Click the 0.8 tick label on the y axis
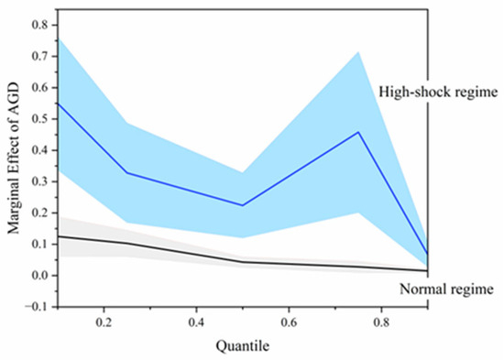(40, 25)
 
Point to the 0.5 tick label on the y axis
(40, 119)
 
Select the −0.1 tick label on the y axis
(37, 307)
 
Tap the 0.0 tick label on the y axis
(40, 276)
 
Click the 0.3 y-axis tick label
(40, 181)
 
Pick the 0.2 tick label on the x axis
(104, 322)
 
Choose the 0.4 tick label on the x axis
(196, 322)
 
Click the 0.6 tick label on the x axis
(289, 322)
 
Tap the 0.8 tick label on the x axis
(381, 322)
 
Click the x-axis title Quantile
(243, 346)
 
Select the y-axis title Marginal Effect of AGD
(14, 158)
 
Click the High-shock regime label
(438, 93)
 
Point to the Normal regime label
(446, 289)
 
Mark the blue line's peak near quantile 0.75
(358, 132)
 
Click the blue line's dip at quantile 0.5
(242, 205)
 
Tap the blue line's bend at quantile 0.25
(127, 173)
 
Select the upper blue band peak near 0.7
(358, 51)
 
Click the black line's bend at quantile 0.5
(242, 262)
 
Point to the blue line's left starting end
(59, 104)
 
